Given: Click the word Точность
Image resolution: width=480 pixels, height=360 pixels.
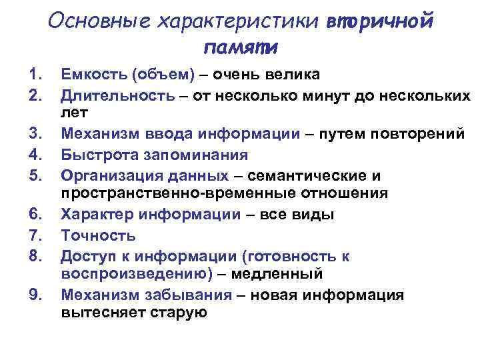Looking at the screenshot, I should (98, 235).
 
